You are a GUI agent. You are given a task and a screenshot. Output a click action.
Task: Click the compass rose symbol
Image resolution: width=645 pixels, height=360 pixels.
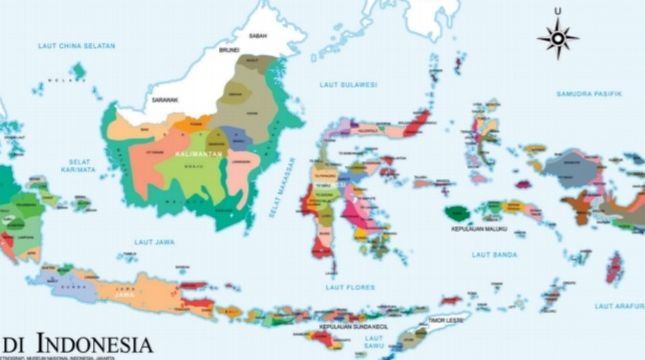tap(557, 39)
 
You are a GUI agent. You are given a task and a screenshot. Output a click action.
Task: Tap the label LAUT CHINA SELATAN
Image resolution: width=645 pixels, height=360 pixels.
tap(77, 46)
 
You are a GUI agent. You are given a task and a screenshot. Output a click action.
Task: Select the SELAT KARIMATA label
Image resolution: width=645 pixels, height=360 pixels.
tap(80, 166)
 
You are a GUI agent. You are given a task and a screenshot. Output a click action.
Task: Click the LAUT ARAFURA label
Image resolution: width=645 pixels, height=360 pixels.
tap(618, 305)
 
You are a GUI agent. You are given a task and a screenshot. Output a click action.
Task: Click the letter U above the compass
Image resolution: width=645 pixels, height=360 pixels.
tap(557, 13)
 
